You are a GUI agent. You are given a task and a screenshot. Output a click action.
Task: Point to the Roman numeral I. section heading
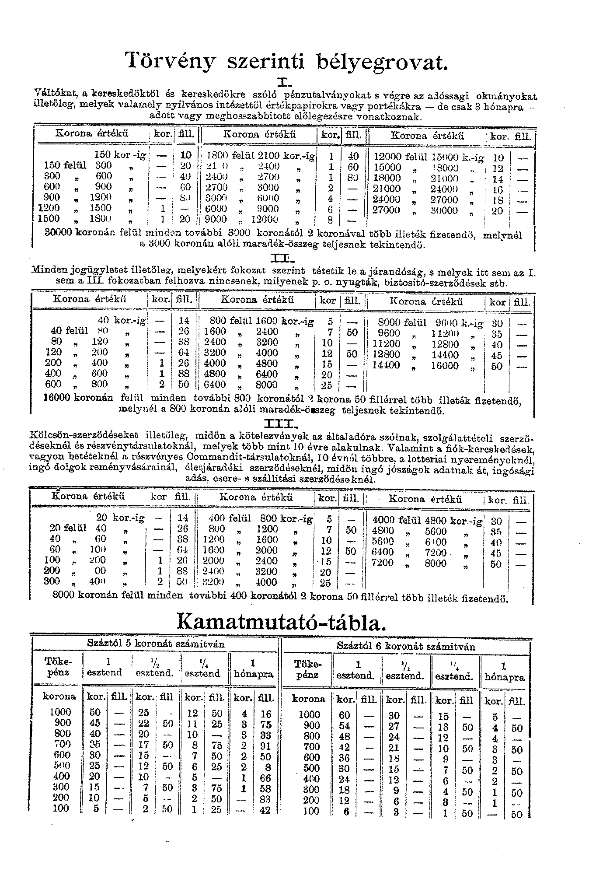284,82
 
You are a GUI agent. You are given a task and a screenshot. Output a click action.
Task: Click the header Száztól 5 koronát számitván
156,644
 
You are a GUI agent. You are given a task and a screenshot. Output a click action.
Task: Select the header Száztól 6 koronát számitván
406,646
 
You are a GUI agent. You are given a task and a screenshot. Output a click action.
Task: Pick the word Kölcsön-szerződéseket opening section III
84,436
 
